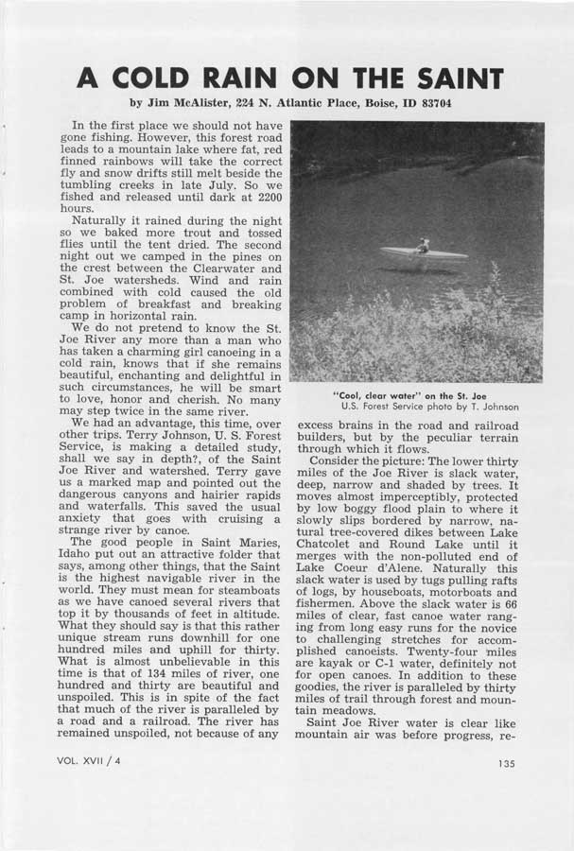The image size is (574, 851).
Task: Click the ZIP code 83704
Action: [x=426, y=102]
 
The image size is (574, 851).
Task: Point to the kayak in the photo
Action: [x=423, y=254]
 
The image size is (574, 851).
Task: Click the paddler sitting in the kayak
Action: [x=424, y=245]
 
